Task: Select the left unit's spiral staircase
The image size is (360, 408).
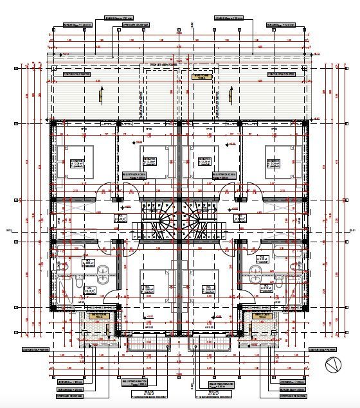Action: tap(164, 222)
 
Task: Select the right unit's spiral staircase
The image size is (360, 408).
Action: tap(197, 222)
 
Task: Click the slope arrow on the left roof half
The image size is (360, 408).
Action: tap(100, 94)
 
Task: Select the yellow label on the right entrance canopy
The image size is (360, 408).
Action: tap(261, 315)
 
